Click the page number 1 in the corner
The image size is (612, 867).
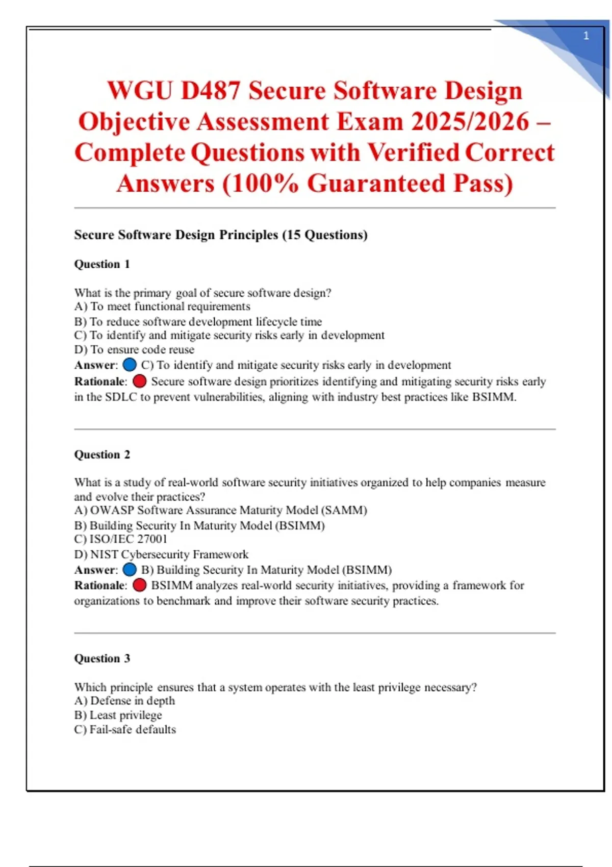click(x=586, y=36)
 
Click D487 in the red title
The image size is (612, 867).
click(x=210, y=91)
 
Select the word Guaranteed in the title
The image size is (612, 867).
click(x=376, y=184)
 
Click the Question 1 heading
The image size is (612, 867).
click(x=102, y=264)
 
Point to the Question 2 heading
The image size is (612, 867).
click(x=102, y=454)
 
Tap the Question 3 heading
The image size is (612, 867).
click(x=102, y=658)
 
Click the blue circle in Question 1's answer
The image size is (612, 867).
click(x=130, y=365)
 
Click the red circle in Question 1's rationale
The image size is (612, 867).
click(x=140, y=381)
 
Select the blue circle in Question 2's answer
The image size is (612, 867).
click(x=130, y=569)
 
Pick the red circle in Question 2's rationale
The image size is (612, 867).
click(x=140, y=585)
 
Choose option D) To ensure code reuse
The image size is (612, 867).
click(x=134, y=350)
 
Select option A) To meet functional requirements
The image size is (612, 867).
click(x=162, y=307)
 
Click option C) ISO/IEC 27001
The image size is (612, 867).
click(x=120, y=539)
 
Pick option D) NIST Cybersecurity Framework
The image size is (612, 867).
click(x=161, y=554)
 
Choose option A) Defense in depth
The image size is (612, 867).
click(x=124, y=701)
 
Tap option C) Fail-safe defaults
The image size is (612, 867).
click(x=125, y=730)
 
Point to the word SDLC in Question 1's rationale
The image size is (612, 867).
click(x=121, y=397)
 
